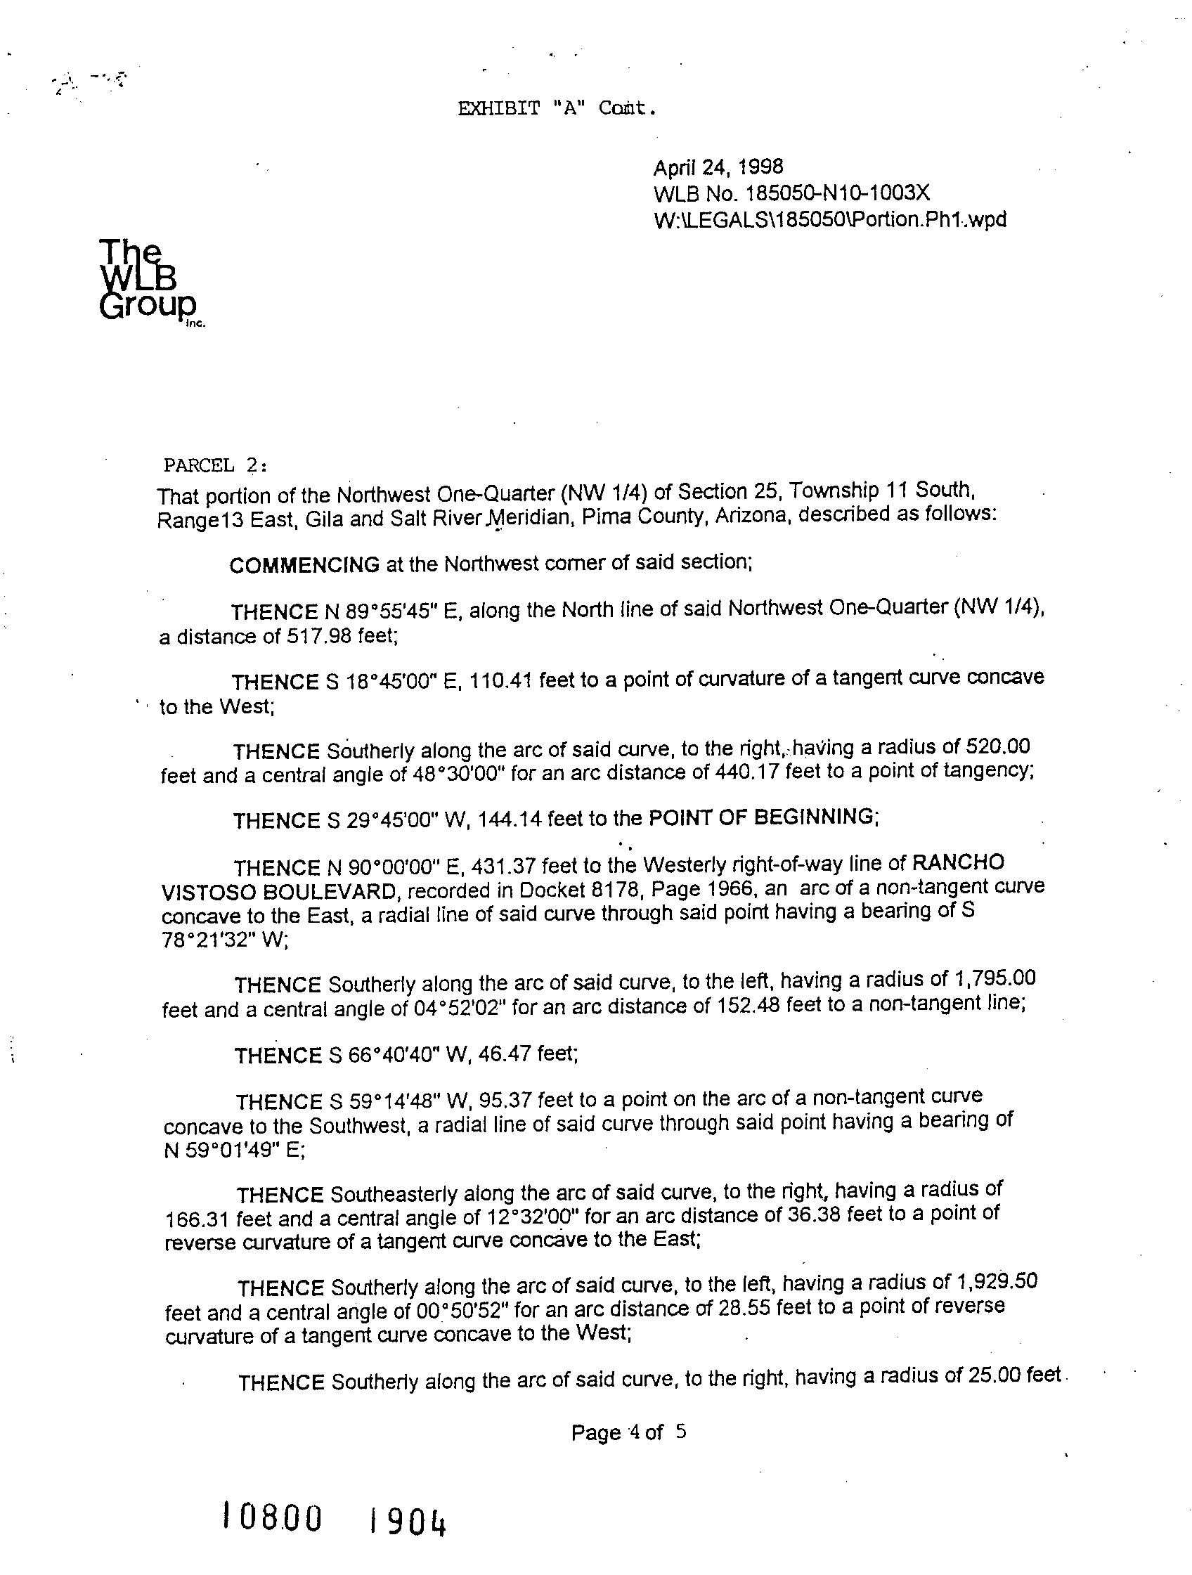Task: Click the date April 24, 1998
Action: [718, 167]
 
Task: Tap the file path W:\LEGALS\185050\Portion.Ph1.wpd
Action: [829, 219]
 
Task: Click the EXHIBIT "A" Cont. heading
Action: [555, 109]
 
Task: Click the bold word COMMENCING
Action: [304, 564]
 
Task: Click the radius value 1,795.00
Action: [992, 978]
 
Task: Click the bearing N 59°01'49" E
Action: [233, 1151]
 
